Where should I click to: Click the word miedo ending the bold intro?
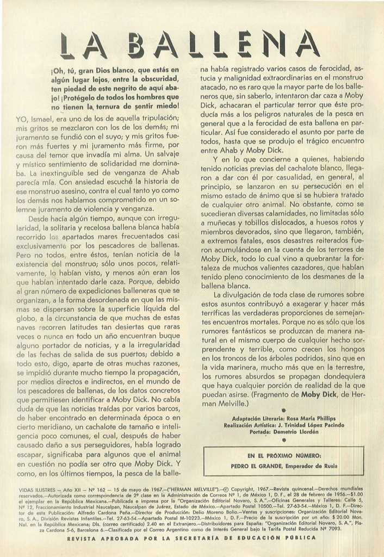(166, 107)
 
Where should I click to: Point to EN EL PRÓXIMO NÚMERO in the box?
(284, 455)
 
